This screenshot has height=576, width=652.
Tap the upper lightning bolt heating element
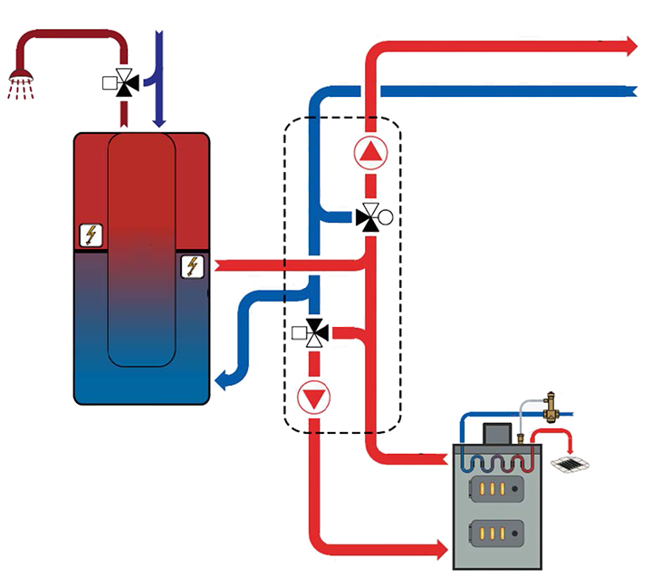click(90, 235)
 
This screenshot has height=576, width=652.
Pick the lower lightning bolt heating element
click(192, 266)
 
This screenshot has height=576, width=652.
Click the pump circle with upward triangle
click(370, 154)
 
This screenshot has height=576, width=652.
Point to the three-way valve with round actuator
click(371, 217)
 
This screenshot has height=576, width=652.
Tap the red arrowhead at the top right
click(631, 46)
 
